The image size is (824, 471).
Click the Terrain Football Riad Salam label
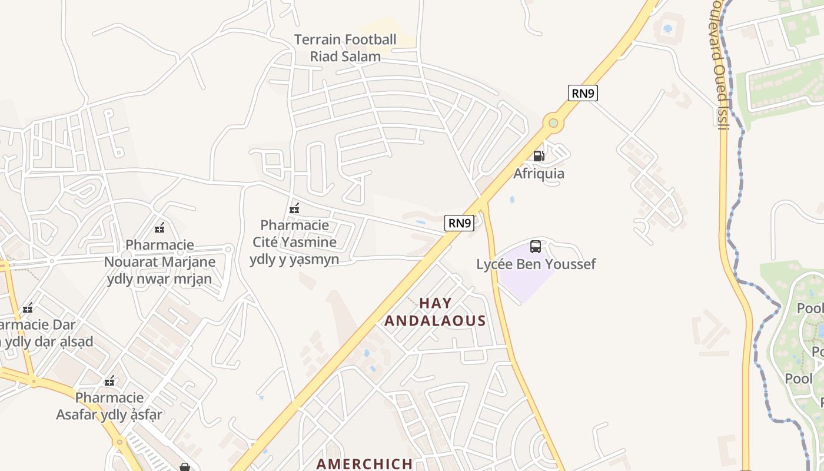(345, 48)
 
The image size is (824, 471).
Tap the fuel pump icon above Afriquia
(539, 156)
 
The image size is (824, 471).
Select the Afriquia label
(539, 174)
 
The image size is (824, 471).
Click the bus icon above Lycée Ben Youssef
(536, 247)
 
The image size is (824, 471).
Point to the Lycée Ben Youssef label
(536, 264)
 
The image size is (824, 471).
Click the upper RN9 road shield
(583, 93)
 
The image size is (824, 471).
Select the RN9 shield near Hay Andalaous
(459, 223)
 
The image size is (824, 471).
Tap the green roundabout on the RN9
(553, 123)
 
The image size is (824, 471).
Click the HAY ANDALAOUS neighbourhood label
(435, 312)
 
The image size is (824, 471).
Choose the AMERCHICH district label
(364, 464)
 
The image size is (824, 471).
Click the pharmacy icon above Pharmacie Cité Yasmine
(294, 208)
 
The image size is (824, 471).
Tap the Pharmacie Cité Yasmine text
(294, 242)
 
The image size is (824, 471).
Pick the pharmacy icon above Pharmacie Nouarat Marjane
(160, 227)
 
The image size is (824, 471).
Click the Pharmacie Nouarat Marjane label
(160, 261)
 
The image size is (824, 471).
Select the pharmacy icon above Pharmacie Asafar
(109, 381)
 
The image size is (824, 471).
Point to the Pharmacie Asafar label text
(109, 406)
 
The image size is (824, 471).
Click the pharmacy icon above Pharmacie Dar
(28, 308)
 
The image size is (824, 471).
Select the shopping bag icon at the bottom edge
(185, 467)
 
